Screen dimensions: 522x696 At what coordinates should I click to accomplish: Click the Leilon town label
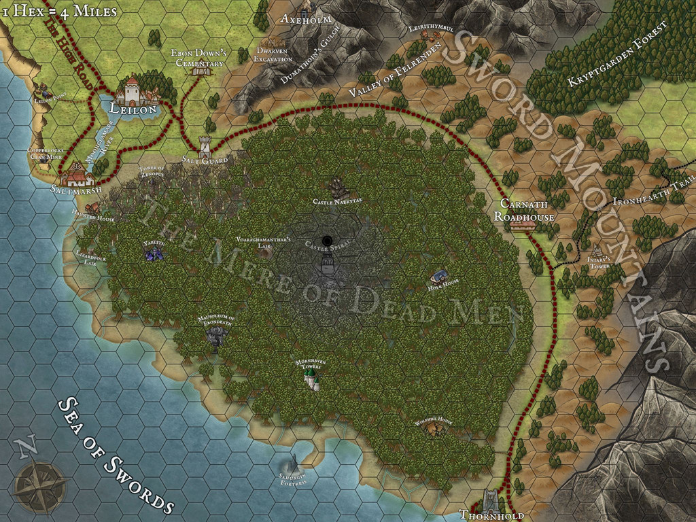(x=134, y=109)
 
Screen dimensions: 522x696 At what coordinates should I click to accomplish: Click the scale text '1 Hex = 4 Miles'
(x=59, y=11)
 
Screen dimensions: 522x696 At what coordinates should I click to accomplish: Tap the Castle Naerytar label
(x=337, y=202)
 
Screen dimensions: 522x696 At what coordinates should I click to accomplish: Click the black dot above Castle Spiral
(x=328, y=239)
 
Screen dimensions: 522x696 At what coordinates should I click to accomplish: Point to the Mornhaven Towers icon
(x=311, y=379)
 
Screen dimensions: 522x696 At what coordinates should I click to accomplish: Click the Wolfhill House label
(x=433, y=421)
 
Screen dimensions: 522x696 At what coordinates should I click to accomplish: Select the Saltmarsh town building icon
(x=77, y=178)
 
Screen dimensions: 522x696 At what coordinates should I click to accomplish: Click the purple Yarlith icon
(x=154, y=253)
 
